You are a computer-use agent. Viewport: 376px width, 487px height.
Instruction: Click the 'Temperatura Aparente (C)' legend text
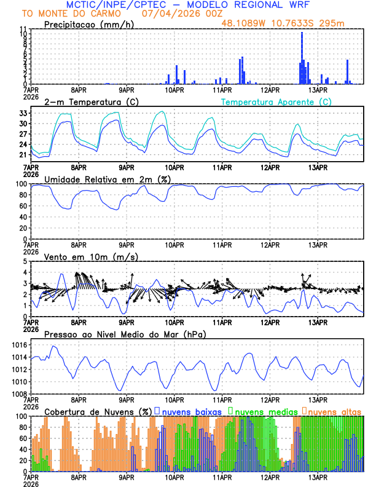coord(276,101)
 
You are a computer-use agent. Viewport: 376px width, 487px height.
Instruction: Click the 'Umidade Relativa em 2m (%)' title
coord(108,179)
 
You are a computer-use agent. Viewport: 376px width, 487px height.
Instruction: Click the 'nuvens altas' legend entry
coord(335,411)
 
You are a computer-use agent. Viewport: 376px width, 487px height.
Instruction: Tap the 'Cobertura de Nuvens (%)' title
coord(98,411)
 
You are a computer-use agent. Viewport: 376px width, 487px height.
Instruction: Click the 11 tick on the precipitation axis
coord(23,29)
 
